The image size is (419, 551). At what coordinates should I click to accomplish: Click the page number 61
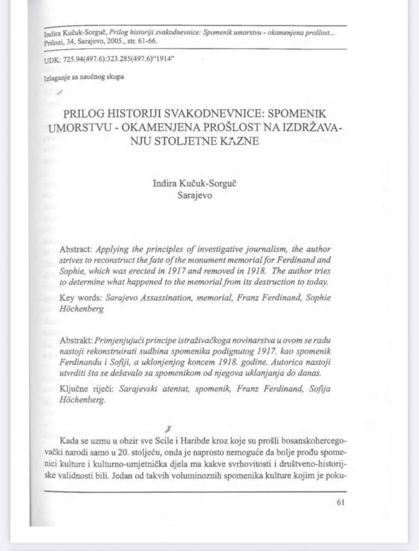coord(340,502)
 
